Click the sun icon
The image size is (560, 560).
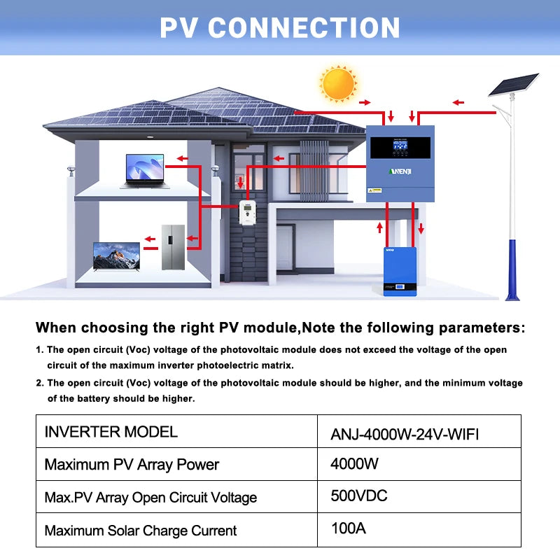coord(338,83)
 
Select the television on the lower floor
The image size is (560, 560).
coord(117,257)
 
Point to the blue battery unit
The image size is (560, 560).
coord(400,270)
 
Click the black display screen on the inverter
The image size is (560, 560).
coord(400,148)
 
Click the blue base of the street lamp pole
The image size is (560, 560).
coord(513,269)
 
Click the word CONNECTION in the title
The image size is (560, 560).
coord(304,28)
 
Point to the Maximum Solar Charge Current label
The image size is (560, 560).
coord(140,531)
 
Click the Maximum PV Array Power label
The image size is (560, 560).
coord(132,464)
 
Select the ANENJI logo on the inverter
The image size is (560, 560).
coord(400,171)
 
